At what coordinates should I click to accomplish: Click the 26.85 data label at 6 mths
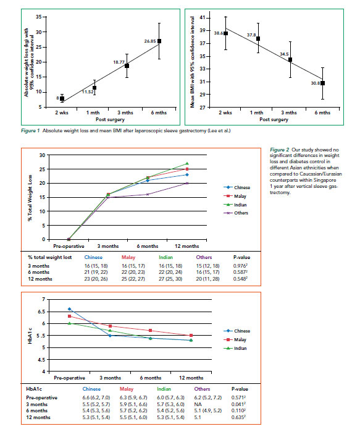pos(150,41)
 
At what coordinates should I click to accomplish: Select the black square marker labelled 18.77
pos(127,66)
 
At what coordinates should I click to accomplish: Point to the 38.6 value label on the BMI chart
pos(219,33)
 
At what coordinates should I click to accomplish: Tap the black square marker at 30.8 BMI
pos(322,83)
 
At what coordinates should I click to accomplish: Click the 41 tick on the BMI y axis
pos(203,18)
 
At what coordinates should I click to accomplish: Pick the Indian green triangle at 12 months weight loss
pos(187,163)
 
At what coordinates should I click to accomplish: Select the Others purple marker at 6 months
pos(148,194)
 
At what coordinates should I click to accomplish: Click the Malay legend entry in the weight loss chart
pos(235,196)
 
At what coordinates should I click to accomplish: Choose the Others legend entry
pos(236,213)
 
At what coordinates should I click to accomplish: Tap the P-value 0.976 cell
pos(240,266)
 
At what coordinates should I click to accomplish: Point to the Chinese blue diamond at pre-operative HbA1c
pos(69,309)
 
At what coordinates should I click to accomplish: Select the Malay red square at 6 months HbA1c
pos(150,331)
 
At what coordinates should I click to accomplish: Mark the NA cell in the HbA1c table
pos(198,404)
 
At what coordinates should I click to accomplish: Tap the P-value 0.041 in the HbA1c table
pos(238,404)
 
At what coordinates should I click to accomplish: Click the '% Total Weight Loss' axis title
pos(30,198)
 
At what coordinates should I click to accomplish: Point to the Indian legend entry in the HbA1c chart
pos(235,348)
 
